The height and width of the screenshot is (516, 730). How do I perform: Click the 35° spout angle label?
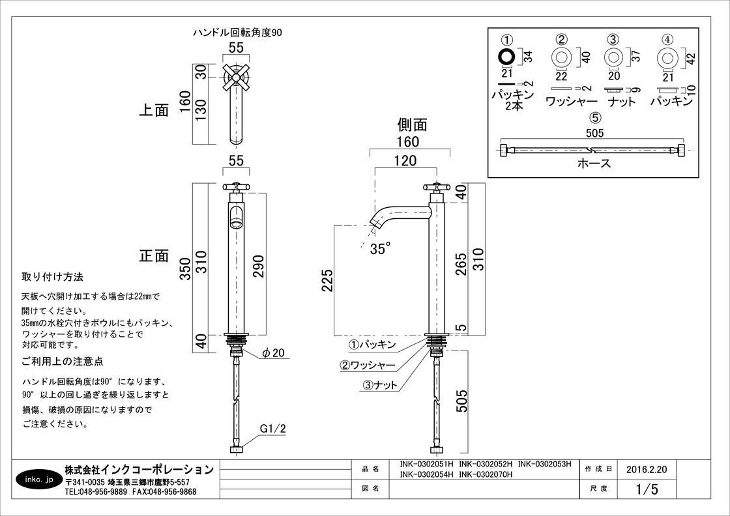(x=381, y=248)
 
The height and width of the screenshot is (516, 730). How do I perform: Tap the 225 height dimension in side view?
(x=327, y=281)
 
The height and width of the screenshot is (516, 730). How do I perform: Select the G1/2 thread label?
(x=272, y=429)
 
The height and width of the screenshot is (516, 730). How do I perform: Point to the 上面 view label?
(x=154, y=110)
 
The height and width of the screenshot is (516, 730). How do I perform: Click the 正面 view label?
(x=154, y=255)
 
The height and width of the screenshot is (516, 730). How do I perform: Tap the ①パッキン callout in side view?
(x=371, y=344)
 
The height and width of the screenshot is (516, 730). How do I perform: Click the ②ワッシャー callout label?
(x=368, y=365)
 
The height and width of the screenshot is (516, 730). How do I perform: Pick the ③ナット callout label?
(x=381, y=385)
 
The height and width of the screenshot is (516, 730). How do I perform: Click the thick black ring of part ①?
(x=506, y=57)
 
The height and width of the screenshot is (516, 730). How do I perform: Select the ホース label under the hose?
(x=594, y=164)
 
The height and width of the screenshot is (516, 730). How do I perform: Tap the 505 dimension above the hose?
(x=594, y=134)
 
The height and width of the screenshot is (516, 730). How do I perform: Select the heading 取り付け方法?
(x=53, y=277)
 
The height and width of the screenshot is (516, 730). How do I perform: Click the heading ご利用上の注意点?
(x=63, y=361)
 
